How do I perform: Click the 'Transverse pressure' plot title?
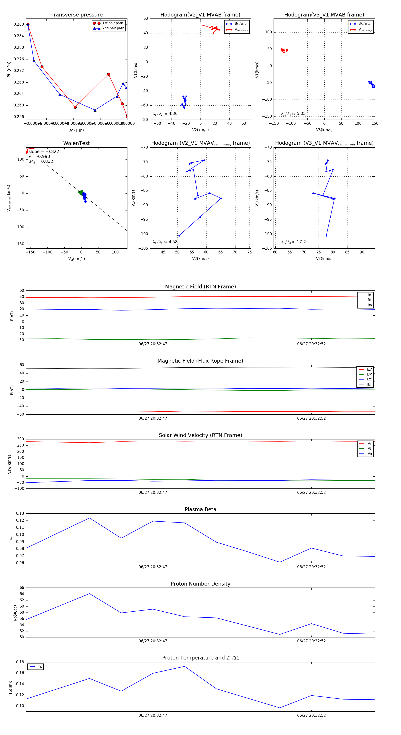click(x=76, y=15)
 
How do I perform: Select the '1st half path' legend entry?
click(x=113, y=23)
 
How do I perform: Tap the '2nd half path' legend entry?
click(x=113, y=28)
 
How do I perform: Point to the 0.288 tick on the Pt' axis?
click(x=19, y=24)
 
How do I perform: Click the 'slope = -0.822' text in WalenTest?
click(x=44, y=151)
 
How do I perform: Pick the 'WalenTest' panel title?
click(x=76, y=143)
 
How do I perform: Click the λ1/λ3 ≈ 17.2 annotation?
click(x=293, y=242)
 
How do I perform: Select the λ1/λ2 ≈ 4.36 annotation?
click(x=165, y=114)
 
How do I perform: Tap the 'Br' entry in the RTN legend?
click(x=369, y=295)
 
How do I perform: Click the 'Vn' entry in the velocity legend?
click(x=369, y=454)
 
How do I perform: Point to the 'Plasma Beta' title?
click(x=200, y=510)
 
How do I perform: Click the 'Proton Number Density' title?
click(x=200, y=584)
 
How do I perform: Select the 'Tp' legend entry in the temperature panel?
click(x=40, y=667)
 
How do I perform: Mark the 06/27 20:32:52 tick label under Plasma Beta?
click(x=311, y=567)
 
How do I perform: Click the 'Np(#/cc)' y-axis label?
click(x=15, y=613)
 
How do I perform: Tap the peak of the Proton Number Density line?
click(x=89, y=594)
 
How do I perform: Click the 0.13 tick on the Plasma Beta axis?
click(x=20, y=514)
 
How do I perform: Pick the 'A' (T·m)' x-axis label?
click(x=76, y=130)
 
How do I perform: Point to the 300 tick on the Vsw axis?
click(x=20, y=439)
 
